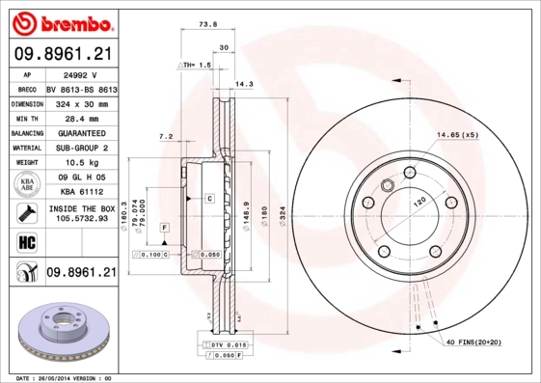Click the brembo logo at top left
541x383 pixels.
click(x=60, y=20)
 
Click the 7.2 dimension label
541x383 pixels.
click(x=165, y=136)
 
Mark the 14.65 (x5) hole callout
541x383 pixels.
click(x=458, y=135)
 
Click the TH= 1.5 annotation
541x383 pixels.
click(x=195, y=64)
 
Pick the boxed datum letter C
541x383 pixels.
click(x=208, y=198)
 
